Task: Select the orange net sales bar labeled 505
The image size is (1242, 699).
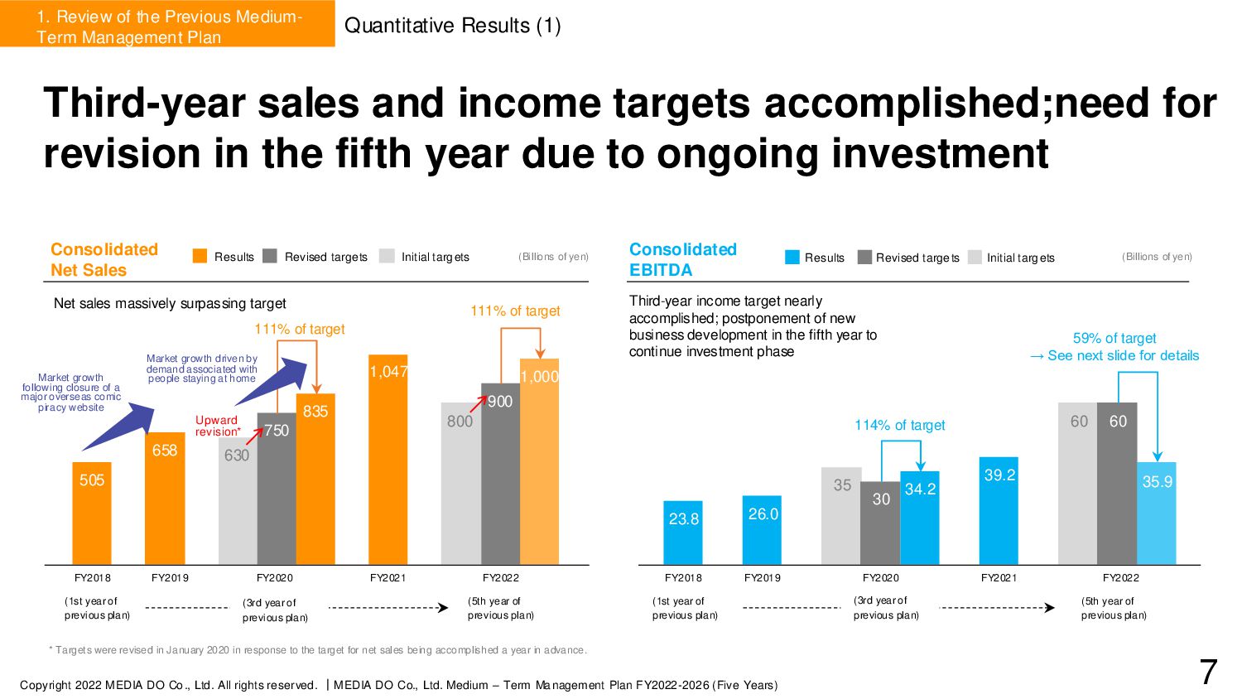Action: pyautogui.click(x=92, y=513)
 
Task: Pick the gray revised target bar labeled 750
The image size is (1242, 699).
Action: pyautogui.click(x=276, y=489)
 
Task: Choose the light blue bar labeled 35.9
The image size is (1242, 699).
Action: pyautogui.click(x=1157, y=513)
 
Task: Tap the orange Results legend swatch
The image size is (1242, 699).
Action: pyautogui.click(x=200, y=256)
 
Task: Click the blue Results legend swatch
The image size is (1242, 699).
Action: pyautogui.click(x=792, y=257)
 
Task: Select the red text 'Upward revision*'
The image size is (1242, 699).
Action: pyautogui.click(x=218, y=426)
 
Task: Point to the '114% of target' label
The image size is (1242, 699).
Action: pyautogui.click(x=899, y=425)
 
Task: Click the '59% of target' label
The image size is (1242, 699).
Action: pyautogui.click(x=1114, y=338)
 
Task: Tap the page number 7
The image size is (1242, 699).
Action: pyautogui.click(x=1208, y=672)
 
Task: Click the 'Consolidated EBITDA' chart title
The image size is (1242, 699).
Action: pyautogui.click(x=682, y=259)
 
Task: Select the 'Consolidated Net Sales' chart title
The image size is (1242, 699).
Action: pyautogui.click(x=103, y=259)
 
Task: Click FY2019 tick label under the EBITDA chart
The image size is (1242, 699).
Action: pyautogui.click(x=762, y=577)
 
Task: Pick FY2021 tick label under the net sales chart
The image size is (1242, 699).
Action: pyautogui.click(x=388, y=577)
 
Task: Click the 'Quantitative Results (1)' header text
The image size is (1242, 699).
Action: pyautogui.click(x=452, y=26)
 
